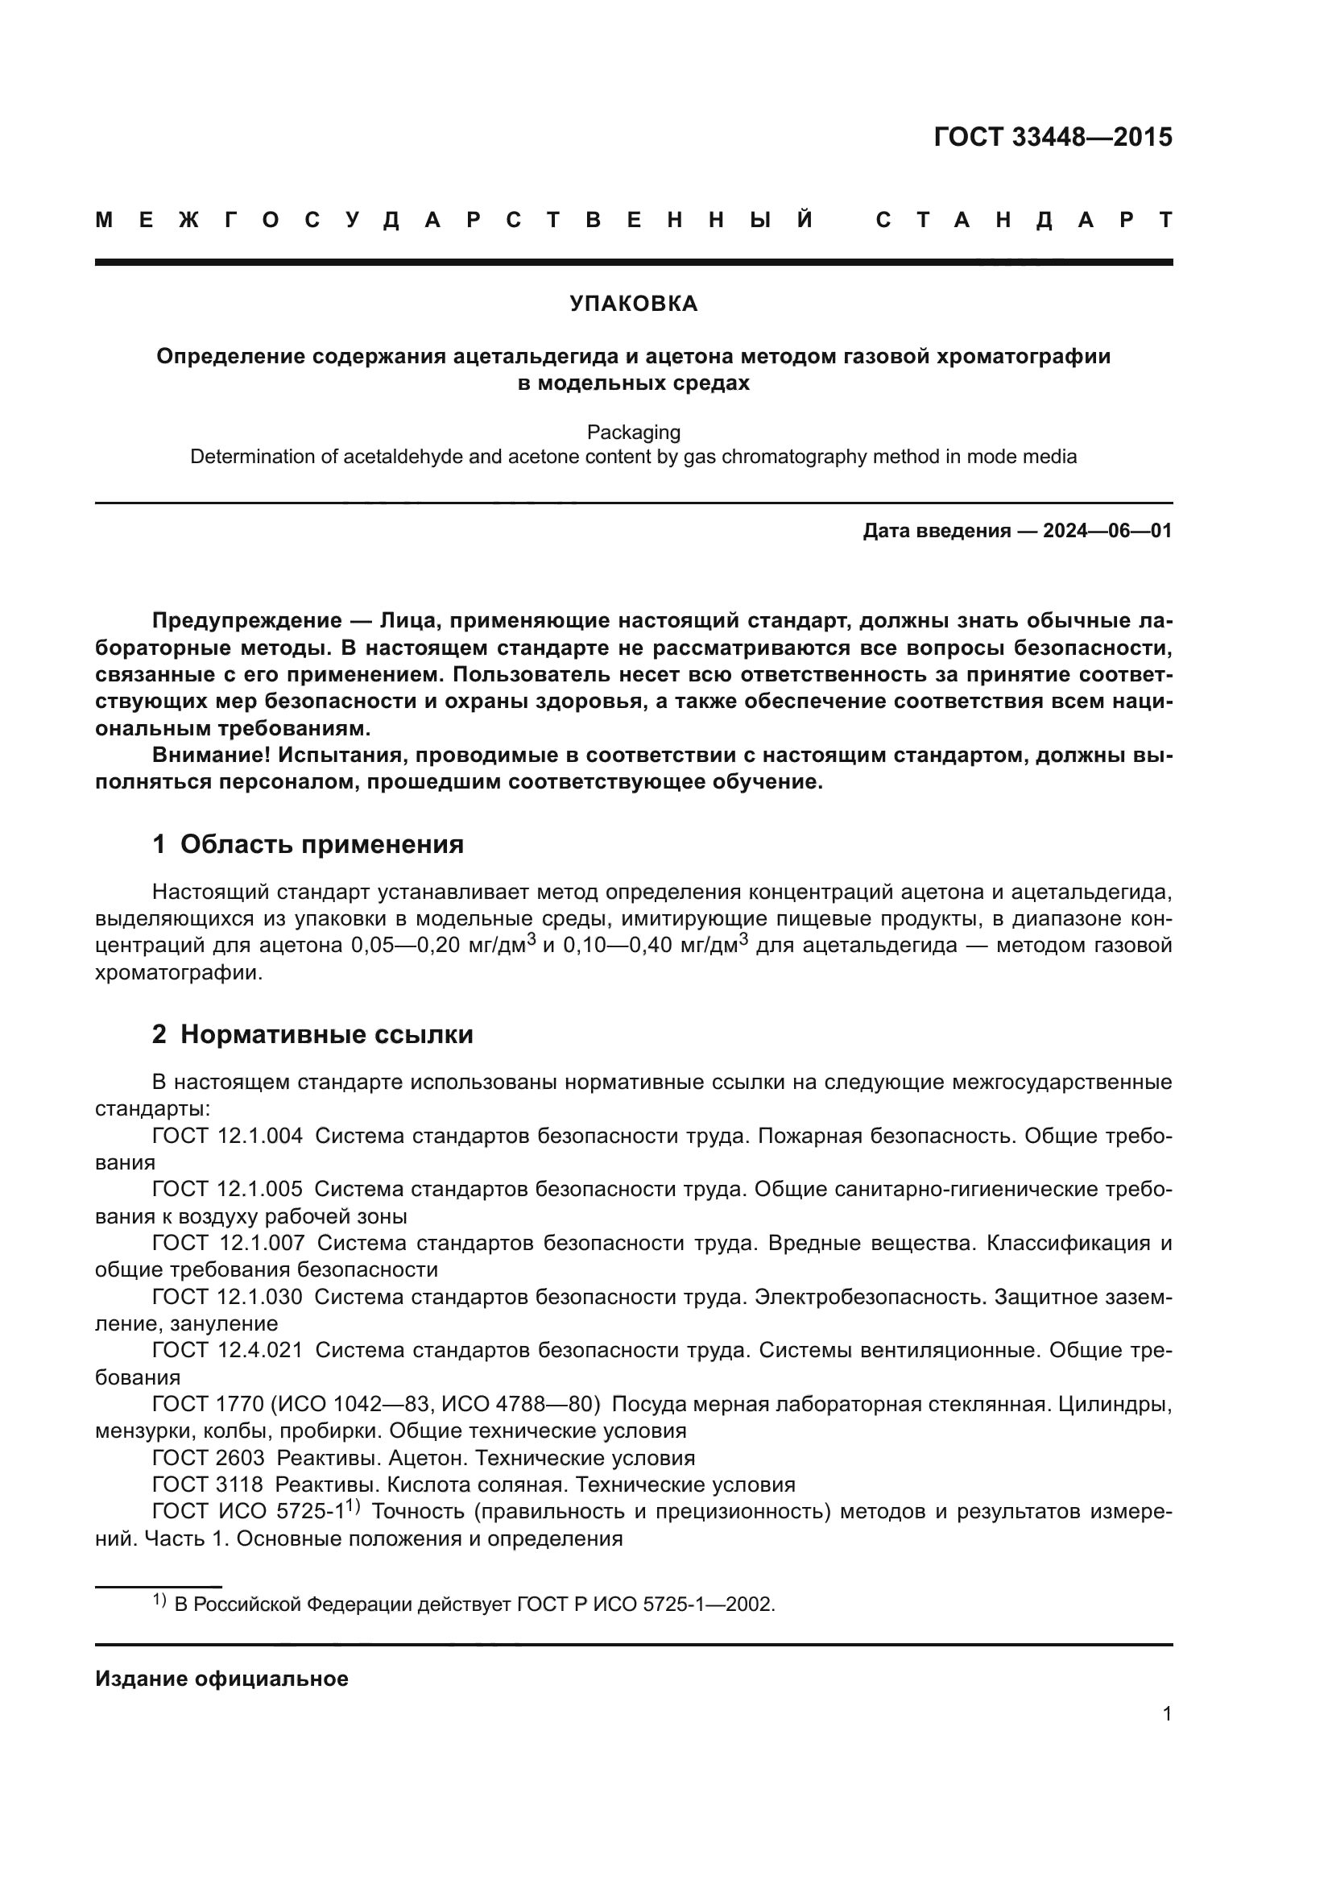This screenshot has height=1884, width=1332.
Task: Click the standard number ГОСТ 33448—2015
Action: [1053, 137]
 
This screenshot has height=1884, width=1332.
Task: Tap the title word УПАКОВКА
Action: [633, 304]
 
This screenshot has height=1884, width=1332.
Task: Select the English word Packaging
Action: [633, 433]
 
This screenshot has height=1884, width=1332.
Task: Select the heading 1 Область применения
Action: [308, 844]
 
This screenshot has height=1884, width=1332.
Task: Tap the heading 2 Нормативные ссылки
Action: [312, 1035]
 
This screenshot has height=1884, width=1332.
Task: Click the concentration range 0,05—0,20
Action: [406, 946]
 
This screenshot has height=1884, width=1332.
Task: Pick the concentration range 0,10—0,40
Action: [618, 946]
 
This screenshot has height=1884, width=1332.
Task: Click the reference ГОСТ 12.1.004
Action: [227, 1137]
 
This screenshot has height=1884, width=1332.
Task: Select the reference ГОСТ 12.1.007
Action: [227, 1243]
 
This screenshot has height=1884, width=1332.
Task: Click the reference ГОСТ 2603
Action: [209, 1458]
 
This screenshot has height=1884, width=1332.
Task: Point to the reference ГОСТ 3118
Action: [208, 1484]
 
